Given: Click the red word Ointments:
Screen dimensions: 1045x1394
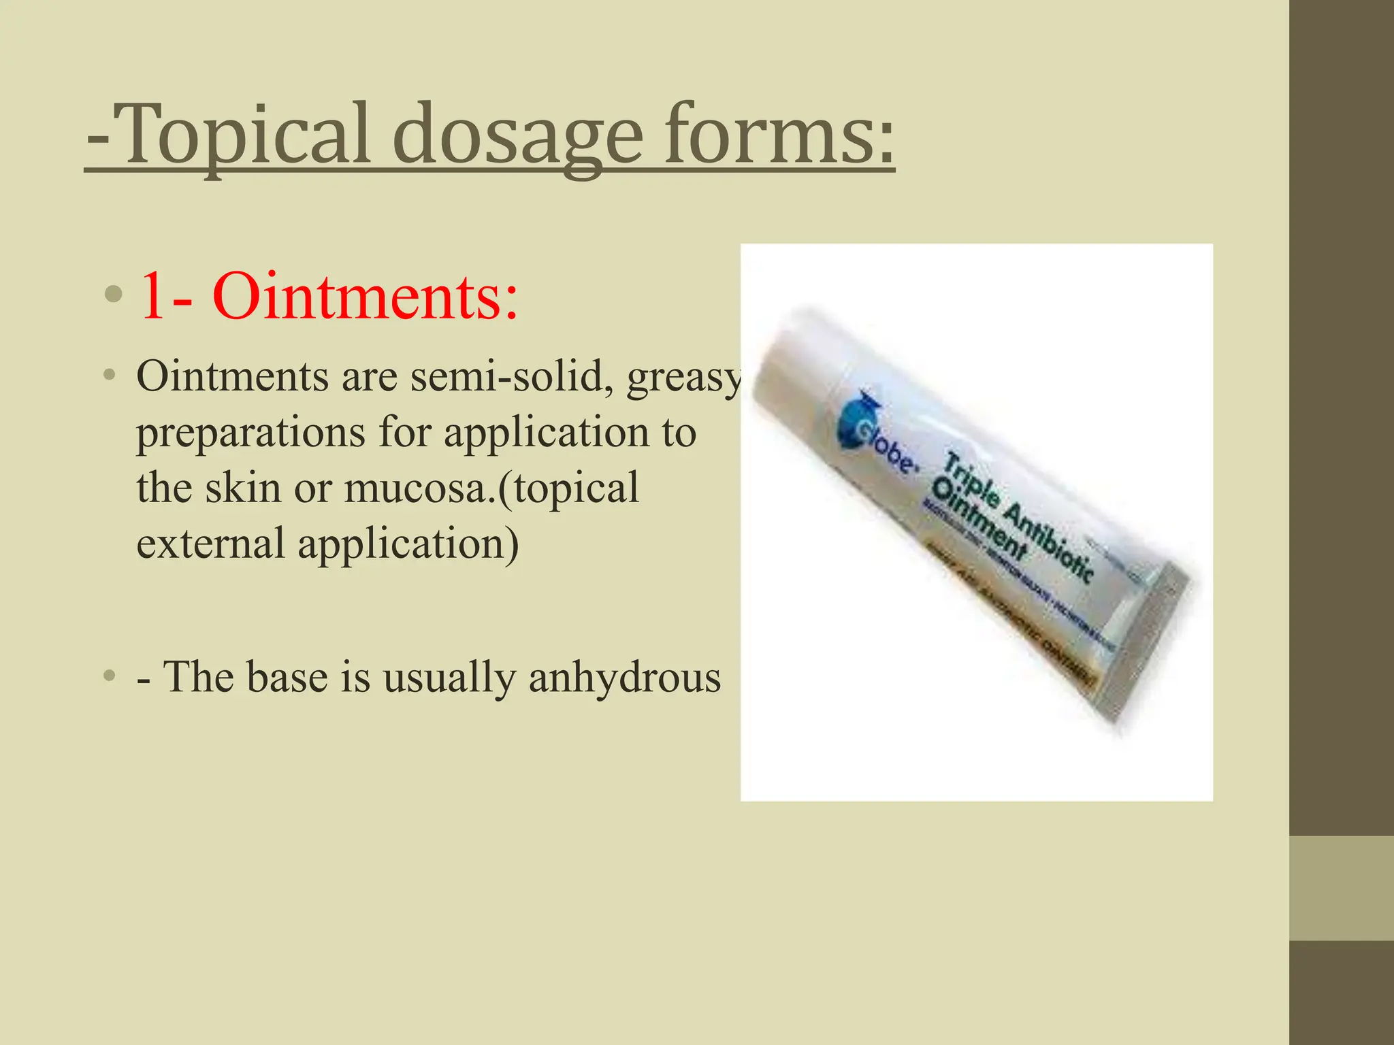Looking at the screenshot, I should click(x=365, y=297).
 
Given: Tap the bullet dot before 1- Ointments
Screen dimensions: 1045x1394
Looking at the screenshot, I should click(x=113, y=295).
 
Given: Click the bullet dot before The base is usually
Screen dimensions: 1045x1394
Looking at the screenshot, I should click(x=109, y=676).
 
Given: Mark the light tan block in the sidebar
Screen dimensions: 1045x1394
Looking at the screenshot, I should click(x=1341, y=889).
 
